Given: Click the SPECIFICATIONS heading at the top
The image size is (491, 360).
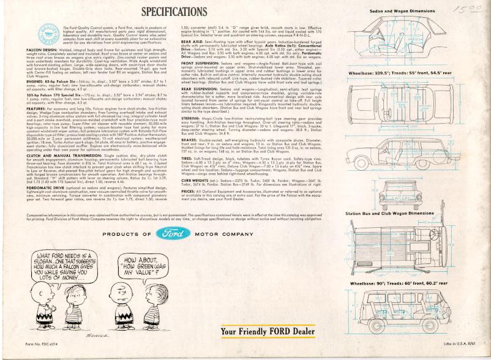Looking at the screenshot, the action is (174, 12).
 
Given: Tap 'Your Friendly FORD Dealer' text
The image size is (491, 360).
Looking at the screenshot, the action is (268, 332).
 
